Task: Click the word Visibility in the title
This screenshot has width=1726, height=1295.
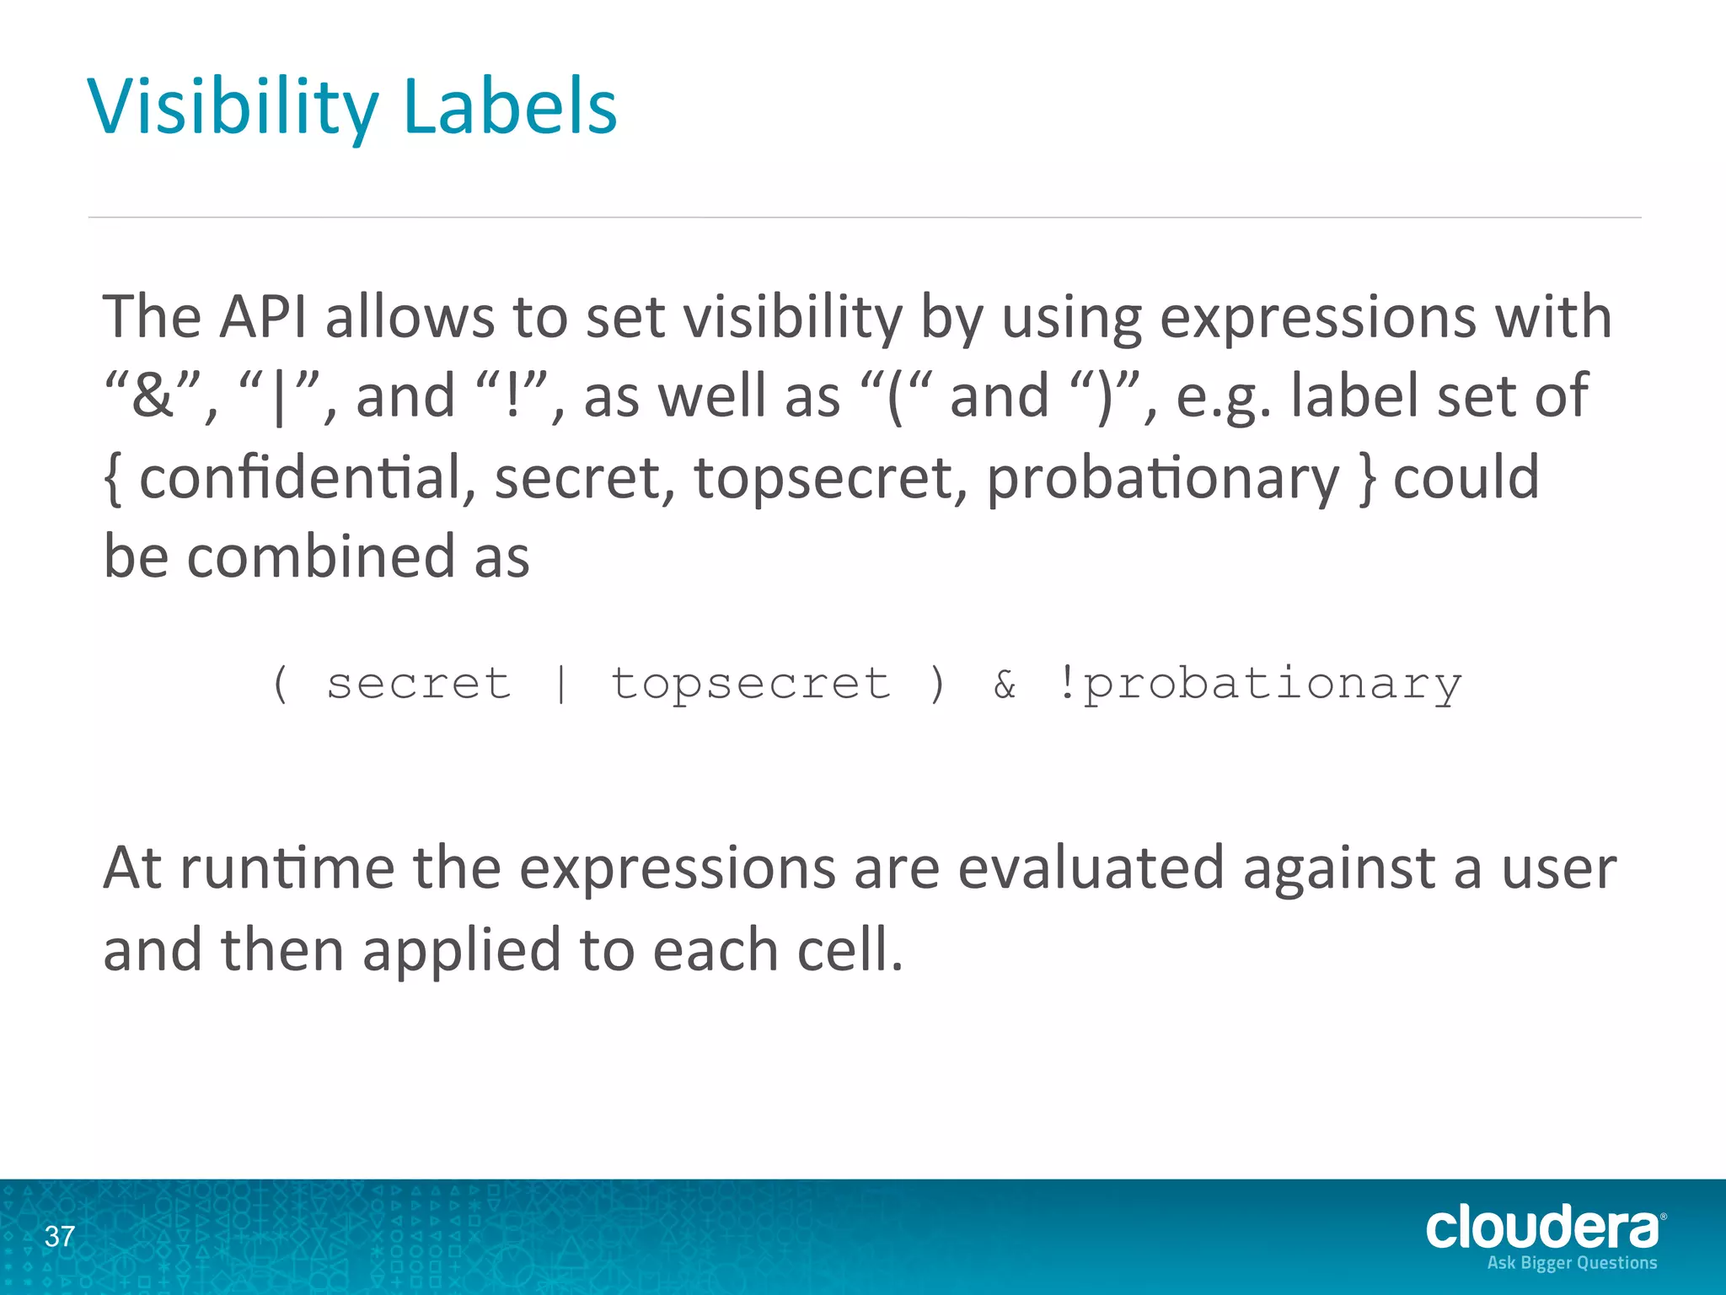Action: tap(233, 107)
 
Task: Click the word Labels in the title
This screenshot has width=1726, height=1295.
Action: tap(510, 107)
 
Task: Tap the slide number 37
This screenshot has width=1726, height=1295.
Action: tap(59, 1237)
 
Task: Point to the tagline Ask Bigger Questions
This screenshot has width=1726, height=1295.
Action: tap(1572, 1263)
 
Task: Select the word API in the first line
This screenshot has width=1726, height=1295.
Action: tap(263, 317)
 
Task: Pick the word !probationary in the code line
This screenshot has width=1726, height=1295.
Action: tap(1257, 683)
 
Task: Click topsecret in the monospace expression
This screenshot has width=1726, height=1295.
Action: tap(750, 683)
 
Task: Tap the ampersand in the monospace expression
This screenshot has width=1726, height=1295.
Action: tap(1005, 683)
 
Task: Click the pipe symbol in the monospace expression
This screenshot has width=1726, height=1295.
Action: tap(561, 683)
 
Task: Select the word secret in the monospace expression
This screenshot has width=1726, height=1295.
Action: tap(419, 683)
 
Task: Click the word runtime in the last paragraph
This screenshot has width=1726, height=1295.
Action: tap(287, 868)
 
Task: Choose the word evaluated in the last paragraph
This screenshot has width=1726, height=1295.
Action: tap(1091, 868)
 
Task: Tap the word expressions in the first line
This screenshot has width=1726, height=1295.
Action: tap(1317, 317)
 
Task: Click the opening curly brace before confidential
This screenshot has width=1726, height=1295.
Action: tap(113, 478)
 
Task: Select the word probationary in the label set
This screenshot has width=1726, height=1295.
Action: tap(1162, 478)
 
